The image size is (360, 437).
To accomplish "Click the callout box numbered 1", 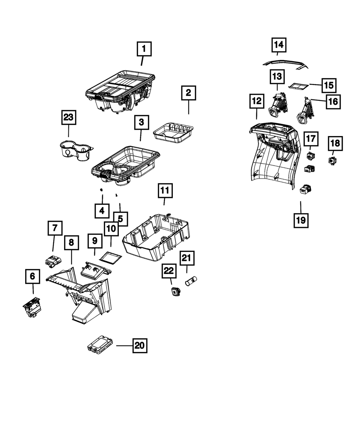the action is coord(144,49).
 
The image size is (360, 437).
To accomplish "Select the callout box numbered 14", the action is coord(279,45).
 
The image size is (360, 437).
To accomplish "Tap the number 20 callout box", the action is coord(140,346).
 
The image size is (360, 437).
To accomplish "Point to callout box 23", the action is coord(69,117).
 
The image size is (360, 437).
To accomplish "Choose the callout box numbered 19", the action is coord(301,220).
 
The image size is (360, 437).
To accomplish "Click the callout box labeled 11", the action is coord(165,190).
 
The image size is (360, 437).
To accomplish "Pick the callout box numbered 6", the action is coord(33,276).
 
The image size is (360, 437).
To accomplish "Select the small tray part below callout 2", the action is coord(173,133).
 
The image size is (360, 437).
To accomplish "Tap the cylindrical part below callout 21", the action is coord(191,281).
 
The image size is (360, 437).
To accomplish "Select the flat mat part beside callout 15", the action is coord(298,86).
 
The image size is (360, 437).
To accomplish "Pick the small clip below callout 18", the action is coord(332,161).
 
